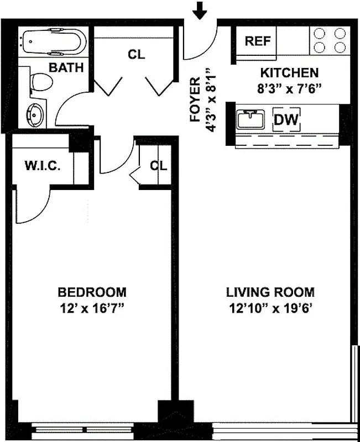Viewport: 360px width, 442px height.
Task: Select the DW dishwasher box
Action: [x=286, y=119]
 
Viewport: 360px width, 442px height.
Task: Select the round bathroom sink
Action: [x=35, y=115]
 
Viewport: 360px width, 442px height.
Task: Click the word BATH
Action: [x=66, y=68]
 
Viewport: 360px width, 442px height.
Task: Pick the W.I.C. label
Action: [x=41, y=166]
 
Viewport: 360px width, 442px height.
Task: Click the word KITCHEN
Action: [x=289, y=72]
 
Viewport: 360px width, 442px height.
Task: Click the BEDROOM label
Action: [x=92, y=292]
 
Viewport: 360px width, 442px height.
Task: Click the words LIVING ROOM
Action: [x=270, y=292]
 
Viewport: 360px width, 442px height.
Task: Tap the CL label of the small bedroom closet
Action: [x=158, y=165]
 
